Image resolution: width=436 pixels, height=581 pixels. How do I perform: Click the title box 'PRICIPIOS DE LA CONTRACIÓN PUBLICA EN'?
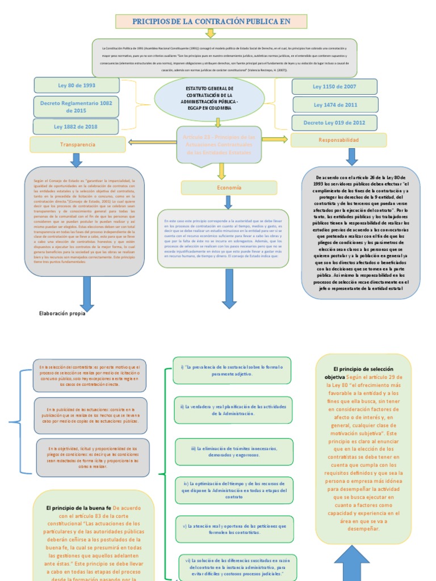tap(211, 22)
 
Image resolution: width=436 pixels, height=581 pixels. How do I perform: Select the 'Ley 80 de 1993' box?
tap(77, 85)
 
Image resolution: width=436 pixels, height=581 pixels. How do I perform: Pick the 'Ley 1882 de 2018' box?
tap(77, 127)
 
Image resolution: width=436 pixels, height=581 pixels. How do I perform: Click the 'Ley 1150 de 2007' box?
tap(334, 87)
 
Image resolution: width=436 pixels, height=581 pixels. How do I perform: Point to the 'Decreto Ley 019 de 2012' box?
tap(334, 123)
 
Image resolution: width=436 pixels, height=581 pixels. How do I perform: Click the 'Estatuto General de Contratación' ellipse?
tap(209, 99)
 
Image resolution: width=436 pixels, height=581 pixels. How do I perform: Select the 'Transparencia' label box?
tap(78, 145)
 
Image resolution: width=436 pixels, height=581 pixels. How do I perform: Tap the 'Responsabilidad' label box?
tap(338, 140)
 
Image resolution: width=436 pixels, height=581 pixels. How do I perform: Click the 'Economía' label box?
tap(229, 188)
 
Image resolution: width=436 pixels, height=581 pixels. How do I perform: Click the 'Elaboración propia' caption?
tap(62, 313)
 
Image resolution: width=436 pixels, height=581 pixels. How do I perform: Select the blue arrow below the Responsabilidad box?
tap(352, 157)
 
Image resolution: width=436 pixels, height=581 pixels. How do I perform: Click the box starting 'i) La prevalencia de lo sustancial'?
tap(232, 371)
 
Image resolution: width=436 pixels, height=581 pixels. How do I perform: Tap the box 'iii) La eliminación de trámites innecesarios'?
tap(233, 452)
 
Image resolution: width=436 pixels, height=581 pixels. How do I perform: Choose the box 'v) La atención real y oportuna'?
tap(234, 529)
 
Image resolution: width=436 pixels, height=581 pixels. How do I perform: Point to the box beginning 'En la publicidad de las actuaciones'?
tap(90, 415)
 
